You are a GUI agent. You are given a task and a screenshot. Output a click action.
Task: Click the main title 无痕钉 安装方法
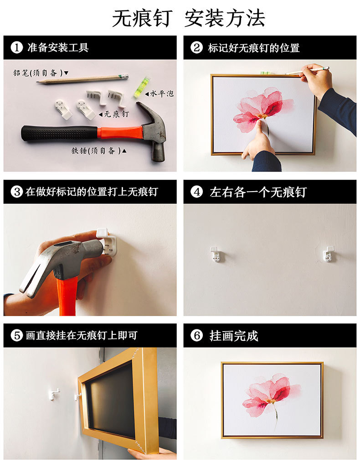pyautogui.click(x=188, y=18)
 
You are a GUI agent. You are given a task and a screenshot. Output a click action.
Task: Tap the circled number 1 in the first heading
pyautogui.click(x=16, y=47)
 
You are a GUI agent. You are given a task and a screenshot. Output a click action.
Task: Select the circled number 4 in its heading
pyautogui.click(x=196, y=192)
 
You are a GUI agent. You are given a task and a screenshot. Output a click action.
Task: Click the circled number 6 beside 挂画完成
pyautogui.click(x=196, y=336)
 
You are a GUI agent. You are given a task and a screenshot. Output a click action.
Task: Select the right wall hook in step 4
pyautogui.click(x=328, y=254)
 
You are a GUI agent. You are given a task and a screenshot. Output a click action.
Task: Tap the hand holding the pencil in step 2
pyautogui.click(x=317, y=80)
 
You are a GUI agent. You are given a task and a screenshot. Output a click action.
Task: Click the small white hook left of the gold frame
pyautogui.click(x=54, y=393)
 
